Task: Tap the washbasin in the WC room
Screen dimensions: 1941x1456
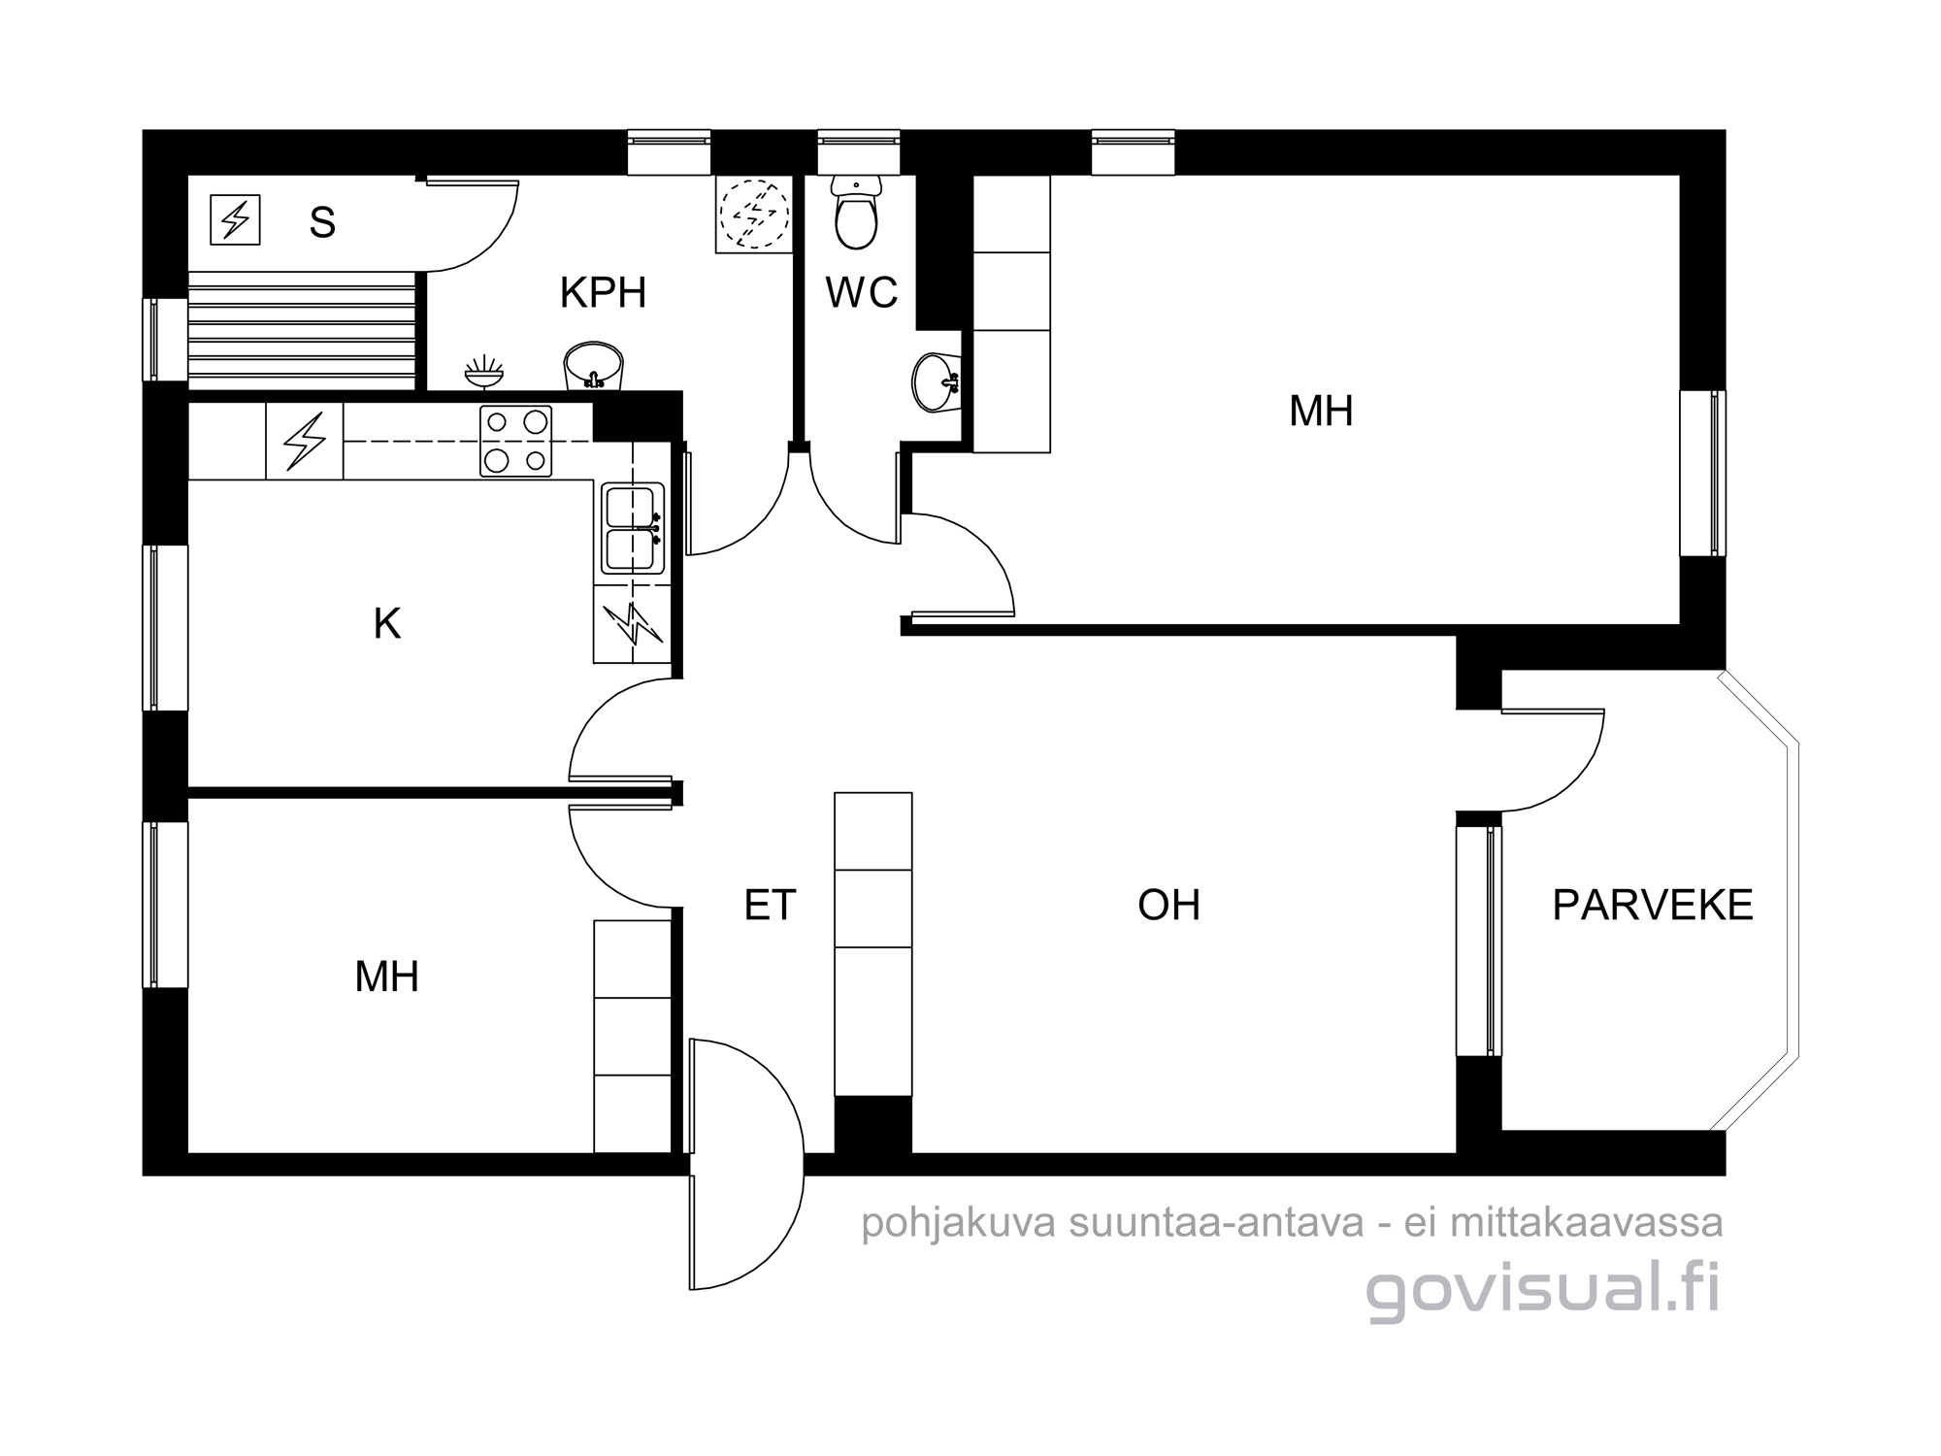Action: click(937, 381)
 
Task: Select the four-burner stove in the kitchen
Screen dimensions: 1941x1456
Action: click(515, 441)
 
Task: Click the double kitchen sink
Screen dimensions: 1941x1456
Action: click(633, 528)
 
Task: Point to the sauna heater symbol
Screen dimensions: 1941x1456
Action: click(235, 219)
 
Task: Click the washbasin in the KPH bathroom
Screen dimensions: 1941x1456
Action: click(593, 366)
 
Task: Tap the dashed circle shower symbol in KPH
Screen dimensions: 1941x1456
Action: click(753, 215)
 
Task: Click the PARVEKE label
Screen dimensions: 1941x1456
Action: click(1653, 905)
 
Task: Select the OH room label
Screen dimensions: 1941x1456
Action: click(1168, 905)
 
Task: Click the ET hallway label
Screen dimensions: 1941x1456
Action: click(770, 905)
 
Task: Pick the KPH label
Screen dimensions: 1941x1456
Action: click(603, 292)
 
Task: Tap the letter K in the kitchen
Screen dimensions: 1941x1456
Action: click(387, 624)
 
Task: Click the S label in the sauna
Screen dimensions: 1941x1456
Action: click(322, 222)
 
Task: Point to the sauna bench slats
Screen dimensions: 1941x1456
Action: click(302, 330)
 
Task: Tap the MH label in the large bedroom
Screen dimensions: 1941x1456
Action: click(1321, 411)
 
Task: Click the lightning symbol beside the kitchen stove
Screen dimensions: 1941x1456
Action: click(304, 442)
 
